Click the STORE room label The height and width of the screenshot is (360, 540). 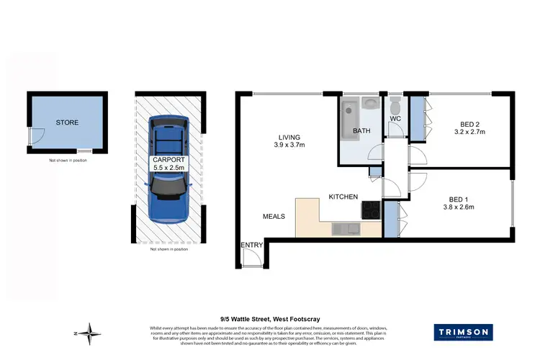click(66, 122)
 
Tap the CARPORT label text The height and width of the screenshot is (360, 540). click(168, 159)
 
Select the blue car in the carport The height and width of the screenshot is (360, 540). click(168, 170)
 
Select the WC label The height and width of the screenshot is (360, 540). click(395, 118)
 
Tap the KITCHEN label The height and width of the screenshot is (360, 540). click(343, 196)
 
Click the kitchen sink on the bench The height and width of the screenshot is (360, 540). click(346, 229)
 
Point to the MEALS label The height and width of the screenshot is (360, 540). click(274, 215)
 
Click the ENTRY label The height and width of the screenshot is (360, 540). click(252, 246)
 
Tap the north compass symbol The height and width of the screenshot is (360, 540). click(91, 333)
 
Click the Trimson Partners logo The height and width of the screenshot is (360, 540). click(463, 332)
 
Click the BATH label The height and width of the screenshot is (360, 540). click(361, 131)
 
